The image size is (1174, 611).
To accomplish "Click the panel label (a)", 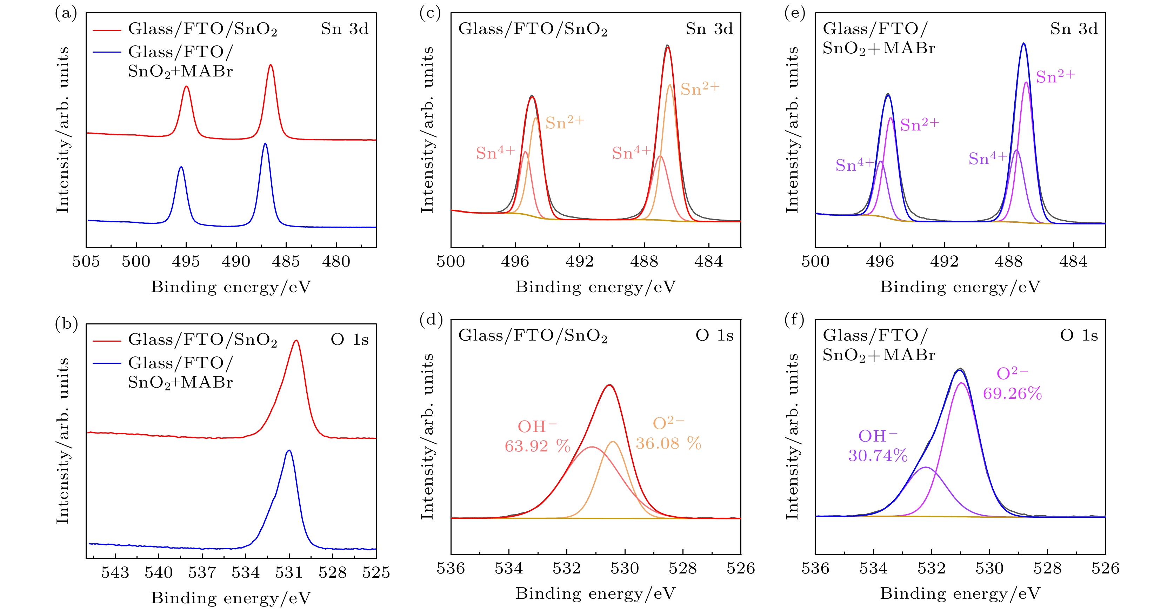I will (x=66, y=14).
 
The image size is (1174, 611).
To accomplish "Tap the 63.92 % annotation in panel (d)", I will (x=537, y=446).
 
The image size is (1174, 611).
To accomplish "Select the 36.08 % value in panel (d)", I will (x=668, y=443).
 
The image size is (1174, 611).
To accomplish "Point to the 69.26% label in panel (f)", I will (x=1012, y=394).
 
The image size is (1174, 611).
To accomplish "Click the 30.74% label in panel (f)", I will (x=878, y=456).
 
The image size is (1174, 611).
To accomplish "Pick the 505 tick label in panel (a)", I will (x=86, y=262).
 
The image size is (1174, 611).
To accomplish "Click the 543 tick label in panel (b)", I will (x=115, y=573).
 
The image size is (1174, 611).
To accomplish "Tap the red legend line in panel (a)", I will (x=107, y=30).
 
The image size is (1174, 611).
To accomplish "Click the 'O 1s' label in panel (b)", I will (x=349, y=340).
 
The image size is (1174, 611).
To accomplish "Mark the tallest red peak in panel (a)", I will (x=271, y=65).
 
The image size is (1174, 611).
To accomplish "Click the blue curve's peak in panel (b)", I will (x=288, y=451).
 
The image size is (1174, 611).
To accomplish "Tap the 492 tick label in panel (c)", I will (x=580, y=262).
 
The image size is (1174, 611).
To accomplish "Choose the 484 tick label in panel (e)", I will (x=1073, y=262).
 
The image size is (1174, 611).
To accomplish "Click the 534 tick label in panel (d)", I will (x=509, y=568).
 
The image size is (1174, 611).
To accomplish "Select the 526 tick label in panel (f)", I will (x=1105, y=568).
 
